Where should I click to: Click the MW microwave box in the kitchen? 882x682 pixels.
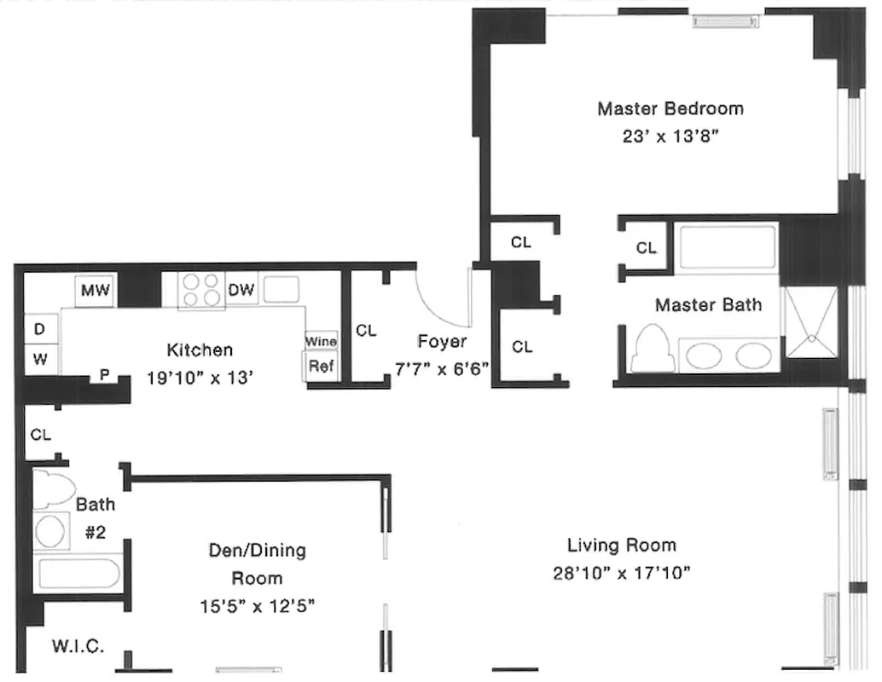pos(96,291)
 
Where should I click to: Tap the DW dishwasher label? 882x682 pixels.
pos(241,291)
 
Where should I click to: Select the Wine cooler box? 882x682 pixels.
pos(322,341)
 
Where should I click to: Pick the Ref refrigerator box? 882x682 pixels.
pos(321,367)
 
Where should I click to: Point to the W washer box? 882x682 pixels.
pos(41,360)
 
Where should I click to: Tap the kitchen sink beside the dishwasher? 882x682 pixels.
pos(281,290)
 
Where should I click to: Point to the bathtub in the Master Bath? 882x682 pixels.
pos(727,248)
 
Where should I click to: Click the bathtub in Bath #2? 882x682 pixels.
pos(78,572)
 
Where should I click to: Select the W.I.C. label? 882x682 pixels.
pos(78,646)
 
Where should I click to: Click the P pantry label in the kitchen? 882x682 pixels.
pos(105,373)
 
